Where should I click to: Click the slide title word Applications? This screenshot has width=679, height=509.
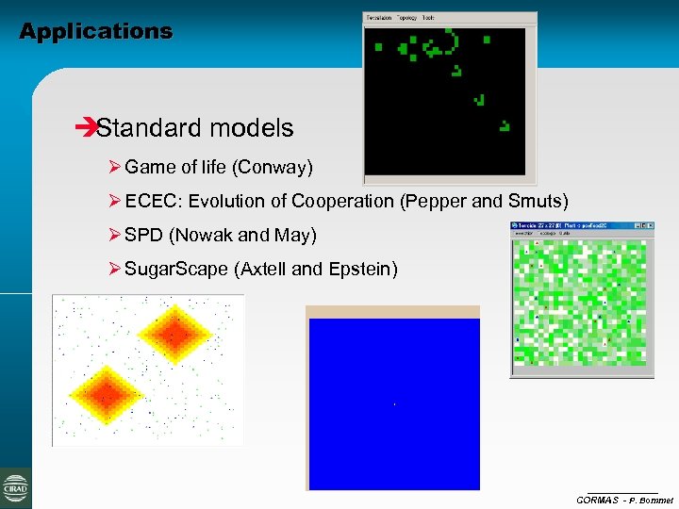[96, 31]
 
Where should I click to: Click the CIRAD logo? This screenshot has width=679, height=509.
[16, 487]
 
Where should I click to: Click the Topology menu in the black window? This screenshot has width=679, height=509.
[407, 18]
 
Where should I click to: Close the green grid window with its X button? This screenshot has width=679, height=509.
[649, 226]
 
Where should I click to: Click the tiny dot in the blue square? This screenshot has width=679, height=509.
[393, 405]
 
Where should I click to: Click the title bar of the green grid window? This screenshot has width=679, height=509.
[566, 226]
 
